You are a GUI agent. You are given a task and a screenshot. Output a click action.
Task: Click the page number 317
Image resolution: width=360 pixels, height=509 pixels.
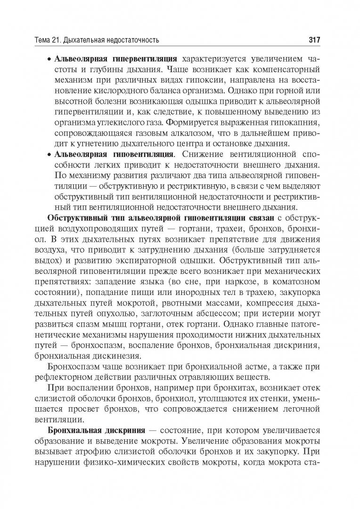point(314,40)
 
